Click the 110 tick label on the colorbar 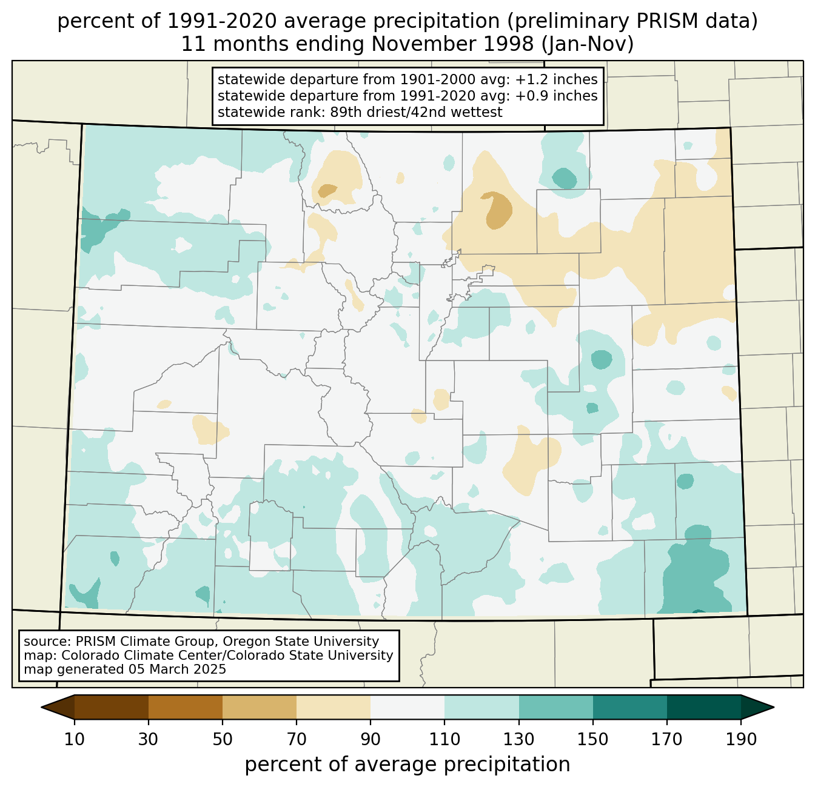[x=444, y=739]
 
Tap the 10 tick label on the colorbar [x=74, y=739]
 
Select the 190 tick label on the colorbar [x=741, y=739]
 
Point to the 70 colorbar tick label [x=297, y=739]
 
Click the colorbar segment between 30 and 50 [x=185, y=707]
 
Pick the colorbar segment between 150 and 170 [x=629, y=707]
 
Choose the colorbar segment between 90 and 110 [x=407, y=707]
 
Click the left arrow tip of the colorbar [x=41, y=707]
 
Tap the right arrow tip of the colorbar [x=774, y=707]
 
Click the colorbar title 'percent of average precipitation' [x=407, y=764]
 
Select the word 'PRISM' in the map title [x=661, y=21]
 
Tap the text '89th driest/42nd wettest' [x=416, y=112]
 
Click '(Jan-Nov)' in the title [x=588, y=44]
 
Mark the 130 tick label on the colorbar [x=518, y=739]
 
